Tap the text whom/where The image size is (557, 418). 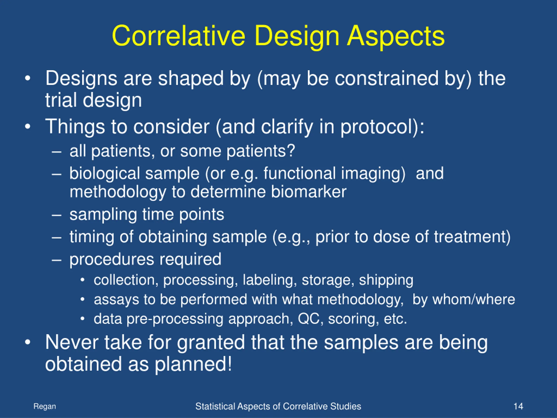click(474, 299)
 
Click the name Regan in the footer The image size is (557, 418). click(45, 407)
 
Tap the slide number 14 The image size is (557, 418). click(518, 406)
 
